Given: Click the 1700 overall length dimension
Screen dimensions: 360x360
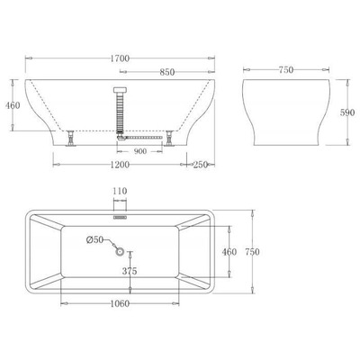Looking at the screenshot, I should point(120,58).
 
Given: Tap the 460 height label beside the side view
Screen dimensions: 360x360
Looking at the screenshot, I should point(13,106).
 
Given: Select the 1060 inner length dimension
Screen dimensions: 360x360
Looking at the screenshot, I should point(115,304).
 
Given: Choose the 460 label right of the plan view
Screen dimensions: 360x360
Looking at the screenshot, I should point(229,253).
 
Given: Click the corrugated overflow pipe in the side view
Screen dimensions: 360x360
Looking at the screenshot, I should point(120,112).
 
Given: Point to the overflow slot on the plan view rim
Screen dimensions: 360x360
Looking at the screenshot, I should point(120,216).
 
